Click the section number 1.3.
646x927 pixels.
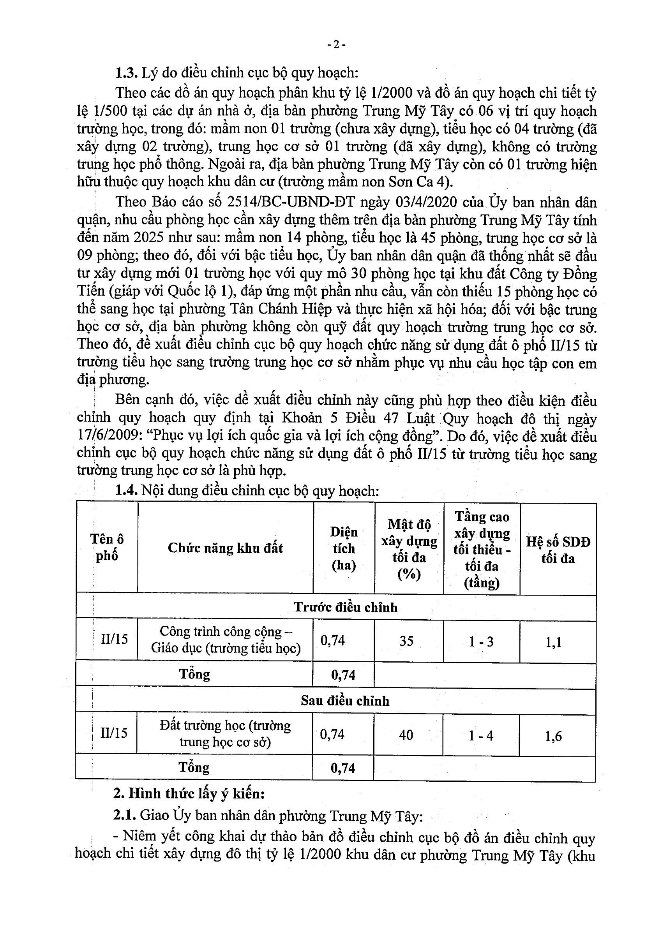click(x=127, y=73)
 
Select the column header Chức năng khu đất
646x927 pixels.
click(x=226, y=548)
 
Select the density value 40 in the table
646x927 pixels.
click(x=406, y=735)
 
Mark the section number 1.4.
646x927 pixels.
click(x=127, y=490)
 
